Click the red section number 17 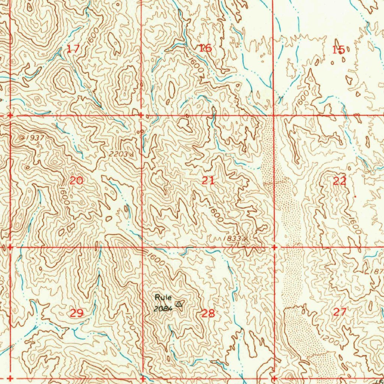tap(73, 48)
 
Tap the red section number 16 tap(205, 48)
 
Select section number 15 tap(338, 49)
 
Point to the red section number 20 tap(76, 181)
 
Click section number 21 tap(208, 180)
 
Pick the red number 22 tap(340, 181)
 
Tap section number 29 tap(77, 313)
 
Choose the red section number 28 tap(208, 313)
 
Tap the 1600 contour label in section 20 tap(64, 195)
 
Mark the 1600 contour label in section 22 tap(354, 225)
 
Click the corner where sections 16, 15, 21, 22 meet tap(273, 115)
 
